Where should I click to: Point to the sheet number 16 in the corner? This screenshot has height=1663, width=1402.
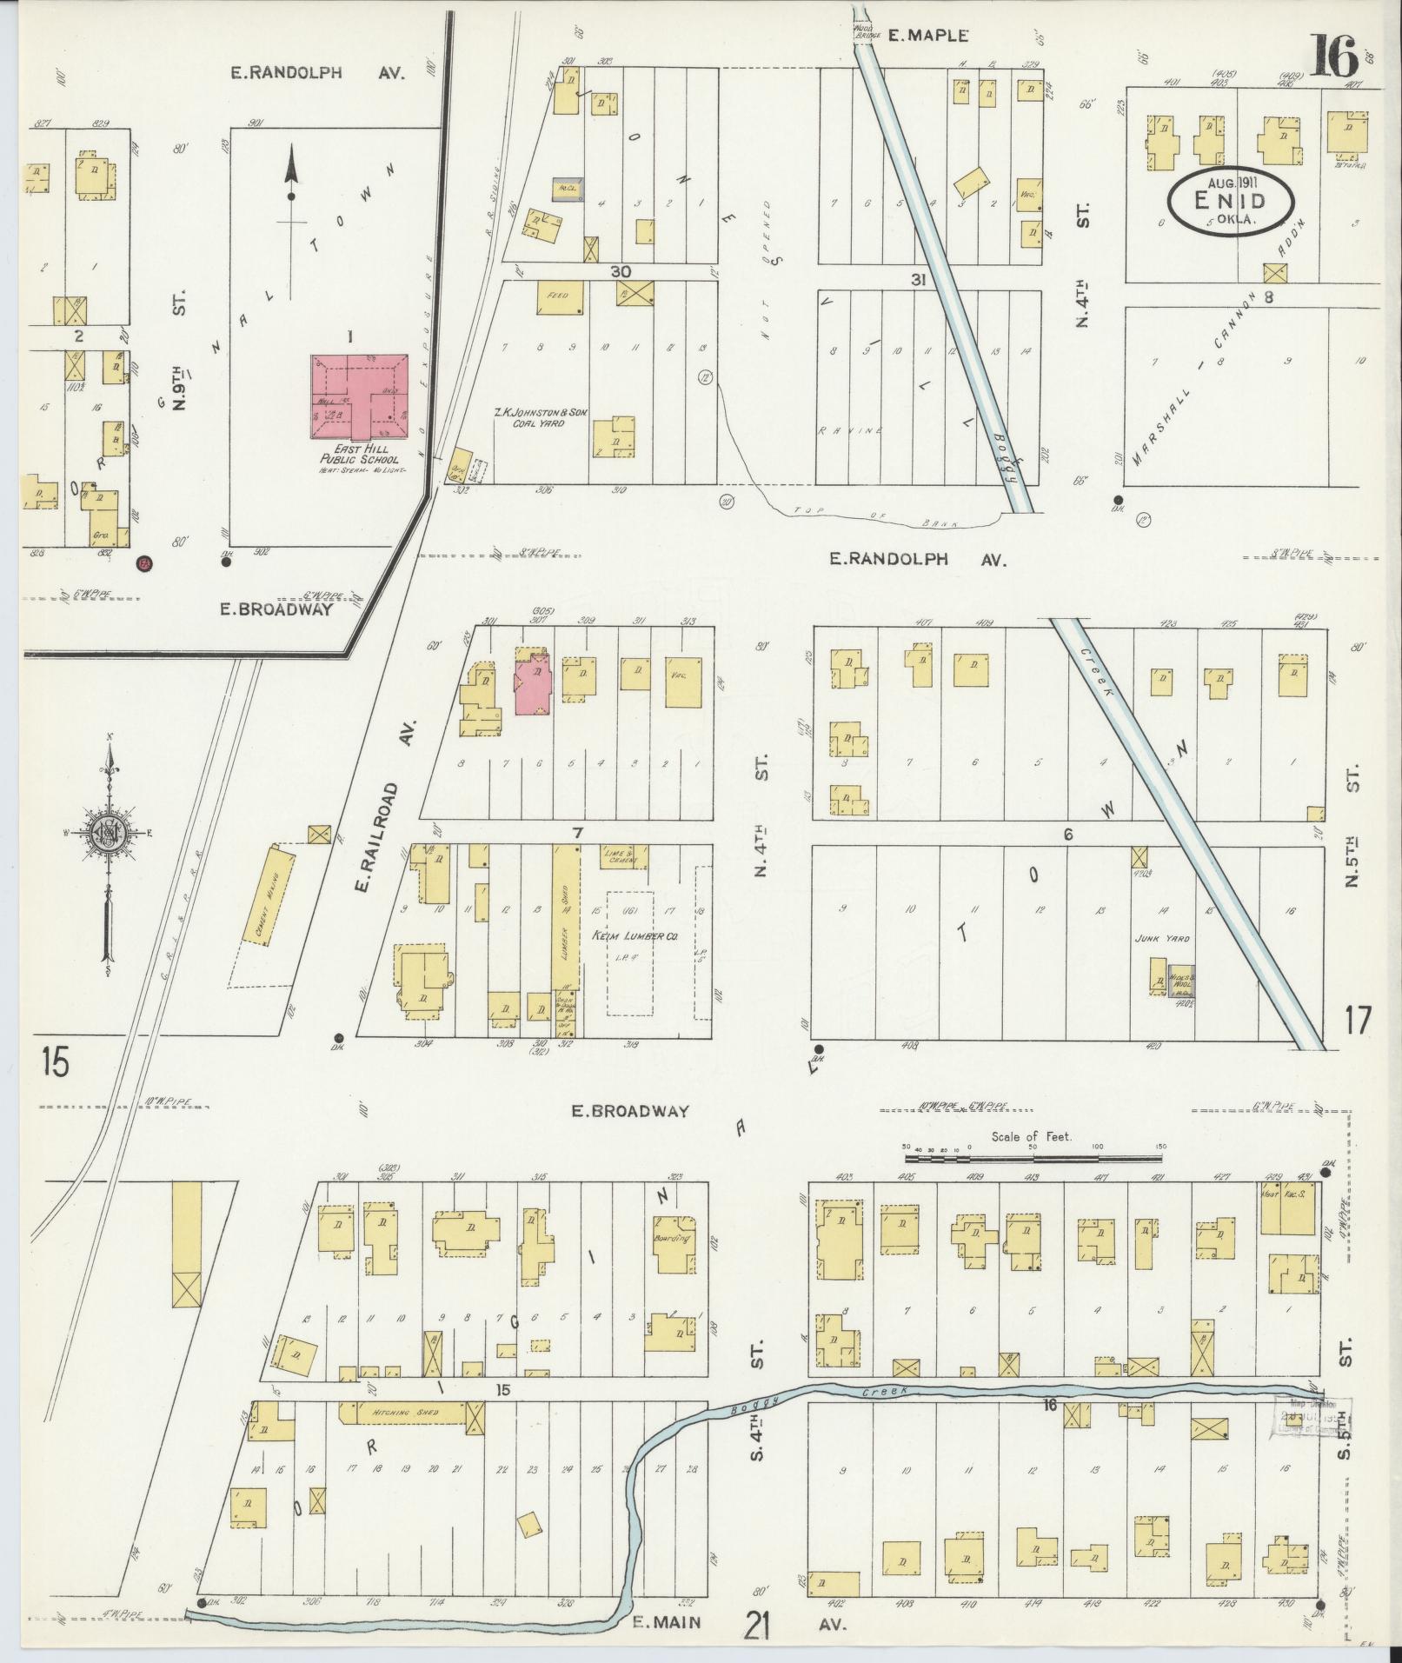(1335, 59)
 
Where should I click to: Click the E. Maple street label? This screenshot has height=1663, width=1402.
(927, 36)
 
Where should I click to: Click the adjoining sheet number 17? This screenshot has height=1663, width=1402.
(1355, 1020)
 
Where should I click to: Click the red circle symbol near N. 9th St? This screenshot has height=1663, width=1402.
(144, 562)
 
